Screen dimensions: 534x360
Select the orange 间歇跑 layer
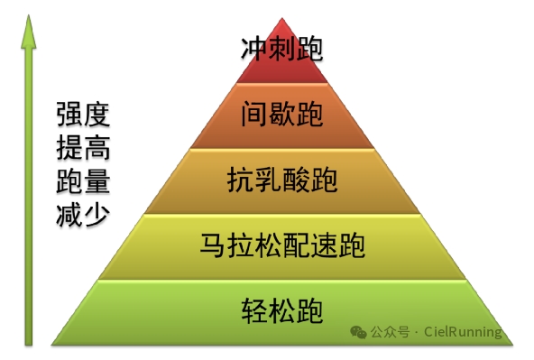282,115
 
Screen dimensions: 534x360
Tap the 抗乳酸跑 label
282,180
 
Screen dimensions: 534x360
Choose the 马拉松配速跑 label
282,245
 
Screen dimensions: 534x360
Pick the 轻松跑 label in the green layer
282,310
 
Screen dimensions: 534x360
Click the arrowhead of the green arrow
29,32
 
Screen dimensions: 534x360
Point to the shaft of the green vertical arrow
29,197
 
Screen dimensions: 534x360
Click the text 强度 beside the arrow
83,114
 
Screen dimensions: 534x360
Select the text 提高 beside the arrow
83,147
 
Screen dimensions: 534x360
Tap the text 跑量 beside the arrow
83,180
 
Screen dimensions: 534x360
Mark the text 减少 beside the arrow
83,214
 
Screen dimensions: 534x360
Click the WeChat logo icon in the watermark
358,332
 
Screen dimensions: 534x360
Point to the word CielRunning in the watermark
463,331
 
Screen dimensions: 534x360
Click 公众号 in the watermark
390,332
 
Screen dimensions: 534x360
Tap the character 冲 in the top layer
254,49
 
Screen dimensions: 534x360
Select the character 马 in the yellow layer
213,245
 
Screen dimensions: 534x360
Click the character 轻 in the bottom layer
254,310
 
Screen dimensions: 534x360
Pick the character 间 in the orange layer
254,115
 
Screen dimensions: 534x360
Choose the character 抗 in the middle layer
241,180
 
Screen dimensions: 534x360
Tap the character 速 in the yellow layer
324,245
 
